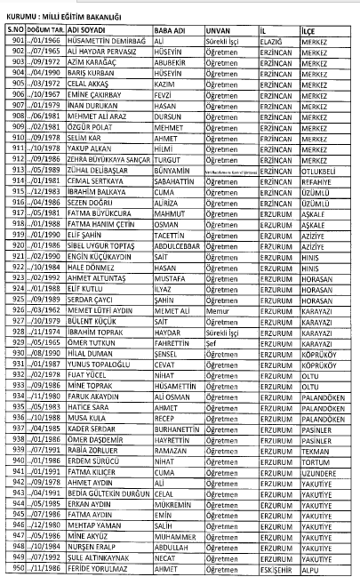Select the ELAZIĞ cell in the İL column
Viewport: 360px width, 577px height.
click(274, 40)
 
